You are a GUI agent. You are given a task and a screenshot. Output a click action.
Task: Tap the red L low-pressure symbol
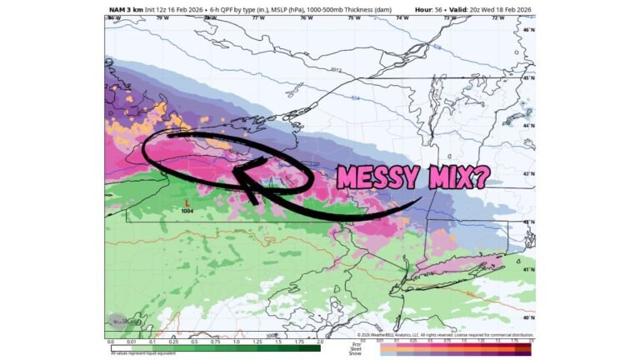187,202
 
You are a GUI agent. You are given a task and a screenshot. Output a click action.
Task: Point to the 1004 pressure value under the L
187,211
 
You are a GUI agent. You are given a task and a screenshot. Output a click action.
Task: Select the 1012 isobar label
336,69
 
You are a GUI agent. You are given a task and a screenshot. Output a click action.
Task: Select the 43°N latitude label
527,173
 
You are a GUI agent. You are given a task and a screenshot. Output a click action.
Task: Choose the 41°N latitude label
527,270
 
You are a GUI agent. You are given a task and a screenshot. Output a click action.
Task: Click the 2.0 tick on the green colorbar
319,342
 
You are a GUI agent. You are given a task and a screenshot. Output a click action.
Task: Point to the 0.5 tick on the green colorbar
194,342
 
